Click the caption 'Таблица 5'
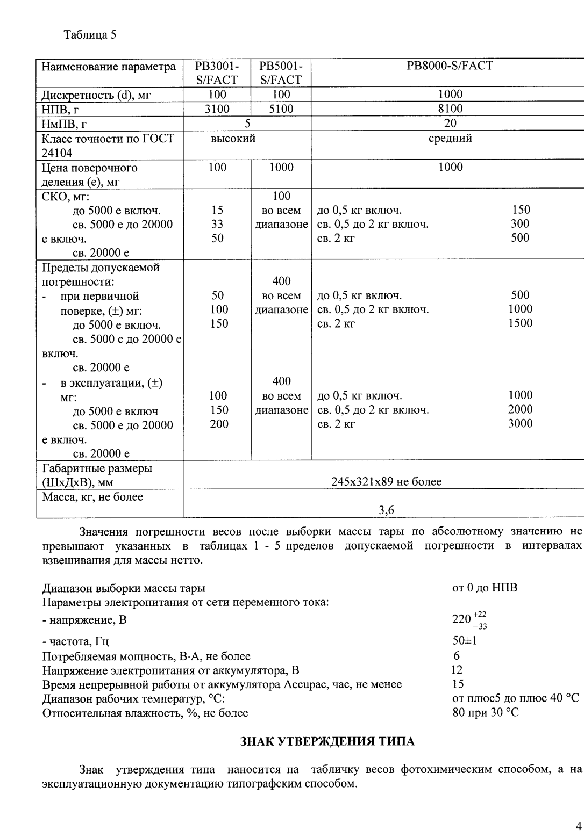(x=90, y=35)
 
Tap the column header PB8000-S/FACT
(x=450, y=66)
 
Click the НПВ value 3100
(x=217, y=109)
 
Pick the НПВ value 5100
(x=281, y=109)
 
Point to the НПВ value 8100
(x=450, y=109)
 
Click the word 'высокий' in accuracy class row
(x=233, y=139)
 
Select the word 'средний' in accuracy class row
(x=450, y=138)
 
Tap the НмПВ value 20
(x=450, y=124)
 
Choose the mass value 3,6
(x=386, y=510)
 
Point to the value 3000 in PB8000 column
(x=520, y=423)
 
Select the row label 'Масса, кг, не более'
(x=92, y=497)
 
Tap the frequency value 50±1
(x=465, y=641)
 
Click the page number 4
(x=578, y=826)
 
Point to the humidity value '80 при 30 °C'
(x=486, y=713)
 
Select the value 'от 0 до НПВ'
(x=485, y=588)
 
